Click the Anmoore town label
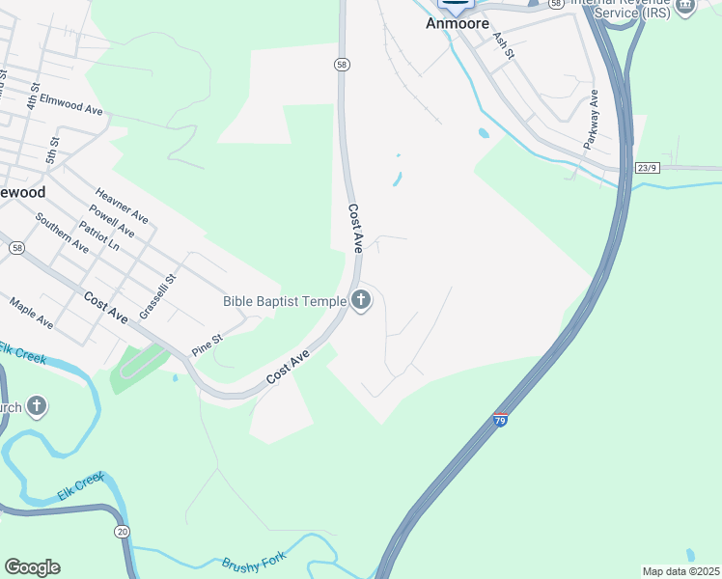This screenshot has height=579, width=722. pyautogui.click(x=458, y=23)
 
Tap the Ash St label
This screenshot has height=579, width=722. pyautogui.click(x=503, y=44)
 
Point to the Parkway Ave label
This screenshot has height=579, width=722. pyautogui.click(x=591, y=119)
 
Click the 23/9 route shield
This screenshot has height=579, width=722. pyautogui.click(x=648, y=168)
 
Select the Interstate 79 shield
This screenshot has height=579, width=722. pyautogui.click(x=500, y=420)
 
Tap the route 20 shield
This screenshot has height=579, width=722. pyautogui.click(x=122, y=532)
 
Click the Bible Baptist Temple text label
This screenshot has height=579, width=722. pyautogui.click(x=284, y=301)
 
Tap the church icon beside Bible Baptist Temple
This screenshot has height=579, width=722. pyautogui.click(x=361, y=301)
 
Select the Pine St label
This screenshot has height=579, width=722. pyautogui.click(x=207, y=345)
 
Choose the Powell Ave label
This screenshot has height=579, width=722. pyautogui.click(x=111, y=221)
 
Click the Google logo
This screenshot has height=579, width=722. pyautogui.click(x=32, y=567)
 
